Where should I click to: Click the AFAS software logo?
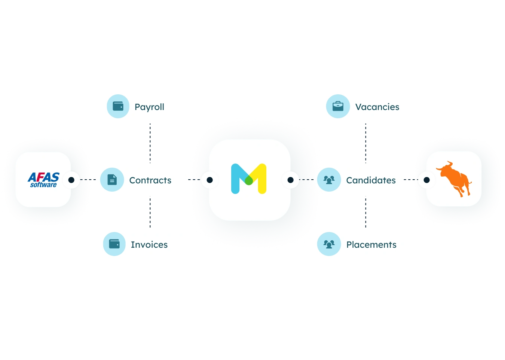pos(43,180)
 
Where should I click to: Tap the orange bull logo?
pos(454,179)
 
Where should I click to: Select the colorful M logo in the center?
pos(249,179)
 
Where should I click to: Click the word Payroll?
pos(149,107)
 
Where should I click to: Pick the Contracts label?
pos(150,180)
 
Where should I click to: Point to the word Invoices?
pos(149,244)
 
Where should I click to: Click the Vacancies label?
pos(377,107)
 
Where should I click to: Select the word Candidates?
pos(371,180)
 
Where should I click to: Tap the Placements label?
pos(371,244)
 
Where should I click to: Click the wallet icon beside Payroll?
pos(118,106)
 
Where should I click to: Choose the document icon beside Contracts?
pos(112,180)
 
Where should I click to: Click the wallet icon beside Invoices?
pos(114,244)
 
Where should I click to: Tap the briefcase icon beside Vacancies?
pos(338,106)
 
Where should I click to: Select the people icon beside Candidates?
pos(329,180)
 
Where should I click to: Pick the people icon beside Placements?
pos(329,244)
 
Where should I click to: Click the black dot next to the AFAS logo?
pos(71,180)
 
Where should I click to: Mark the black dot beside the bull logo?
pos(426,180)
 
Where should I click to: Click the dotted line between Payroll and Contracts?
pos(150,143)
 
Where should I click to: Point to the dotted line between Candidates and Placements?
pos(366,212)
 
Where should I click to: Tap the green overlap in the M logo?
pos(249,180)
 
